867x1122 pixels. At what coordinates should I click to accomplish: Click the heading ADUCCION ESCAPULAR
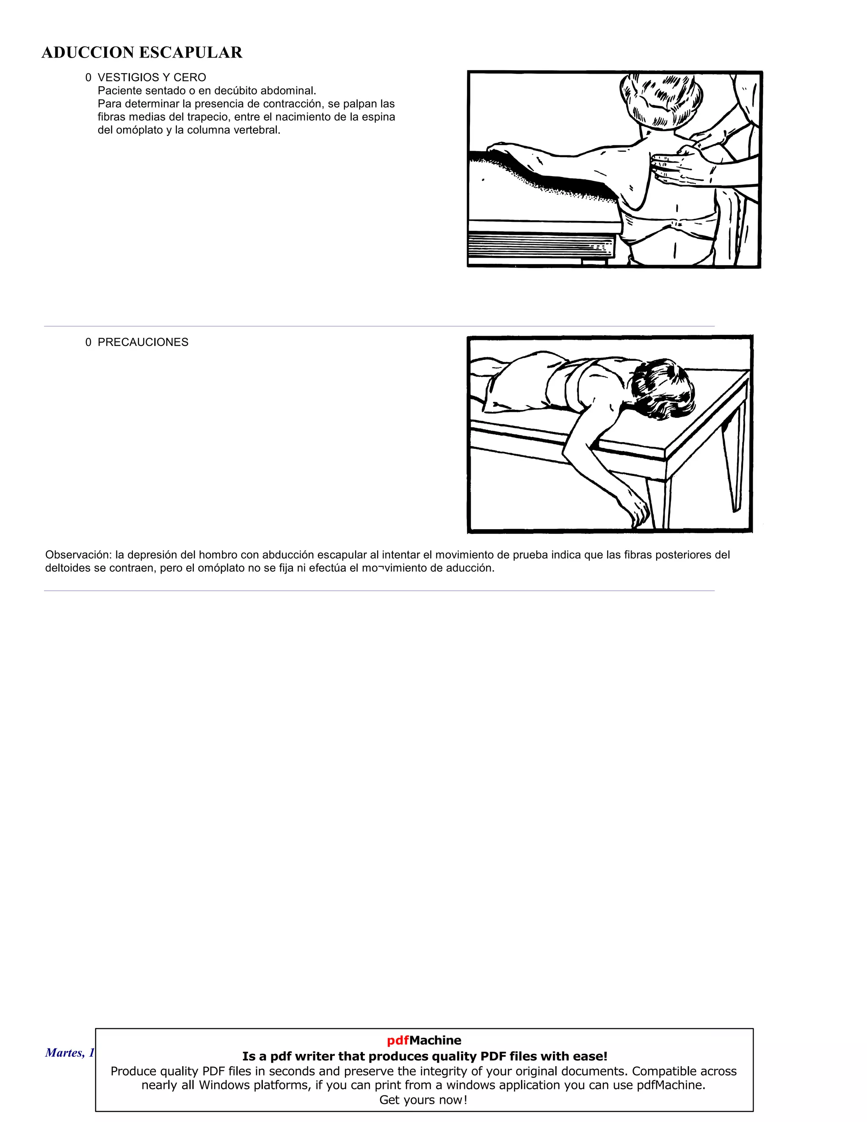pos(142,53)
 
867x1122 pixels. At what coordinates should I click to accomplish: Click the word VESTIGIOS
pos(124,77)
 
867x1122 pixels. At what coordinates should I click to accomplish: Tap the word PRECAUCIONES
pos(143,342)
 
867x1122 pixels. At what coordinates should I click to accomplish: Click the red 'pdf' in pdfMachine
pos(398,1040)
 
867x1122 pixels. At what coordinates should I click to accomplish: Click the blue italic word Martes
pos(62,1053)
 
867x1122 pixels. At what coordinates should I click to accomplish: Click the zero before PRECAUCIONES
pos(88,342)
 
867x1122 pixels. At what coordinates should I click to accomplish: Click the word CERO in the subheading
pos(190,77)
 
